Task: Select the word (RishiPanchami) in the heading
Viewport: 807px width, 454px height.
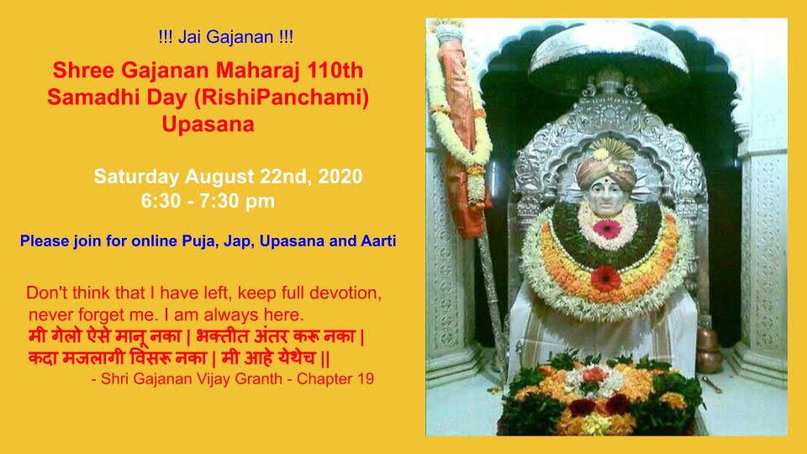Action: tap(281, 98)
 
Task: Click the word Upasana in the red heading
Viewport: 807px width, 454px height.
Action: tap(208, 124)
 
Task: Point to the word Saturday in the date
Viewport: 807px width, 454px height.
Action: tap(136, 177)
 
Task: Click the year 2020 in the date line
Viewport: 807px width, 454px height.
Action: tap(340, 176)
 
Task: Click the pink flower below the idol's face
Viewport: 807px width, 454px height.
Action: tap(607, 229)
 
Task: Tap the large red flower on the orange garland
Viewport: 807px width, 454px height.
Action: tap(605, 278)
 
